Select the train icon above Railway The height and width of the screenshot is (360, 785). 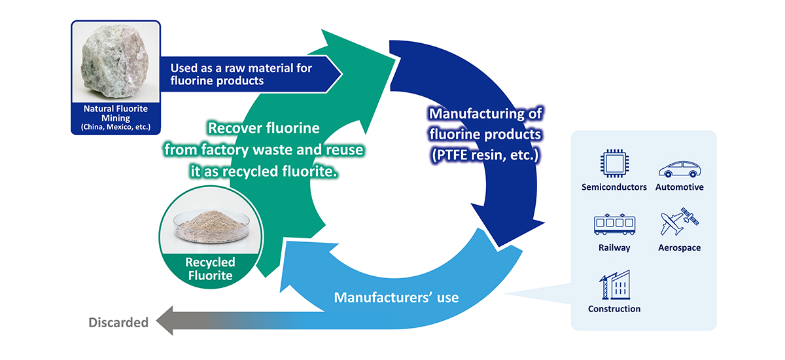(614, 225)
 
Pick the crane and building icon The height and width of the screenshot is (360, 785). (614, 285)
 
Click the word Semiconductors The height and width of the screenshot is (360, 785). (614, 187)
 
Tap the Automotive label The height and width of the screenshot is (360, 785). (680, 187)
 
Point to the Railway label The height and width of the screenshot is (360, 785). (614, 248)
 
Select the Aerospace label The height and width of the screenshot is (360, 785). (680, 248)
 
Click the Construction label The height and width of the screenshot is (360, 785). (614, 309)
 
